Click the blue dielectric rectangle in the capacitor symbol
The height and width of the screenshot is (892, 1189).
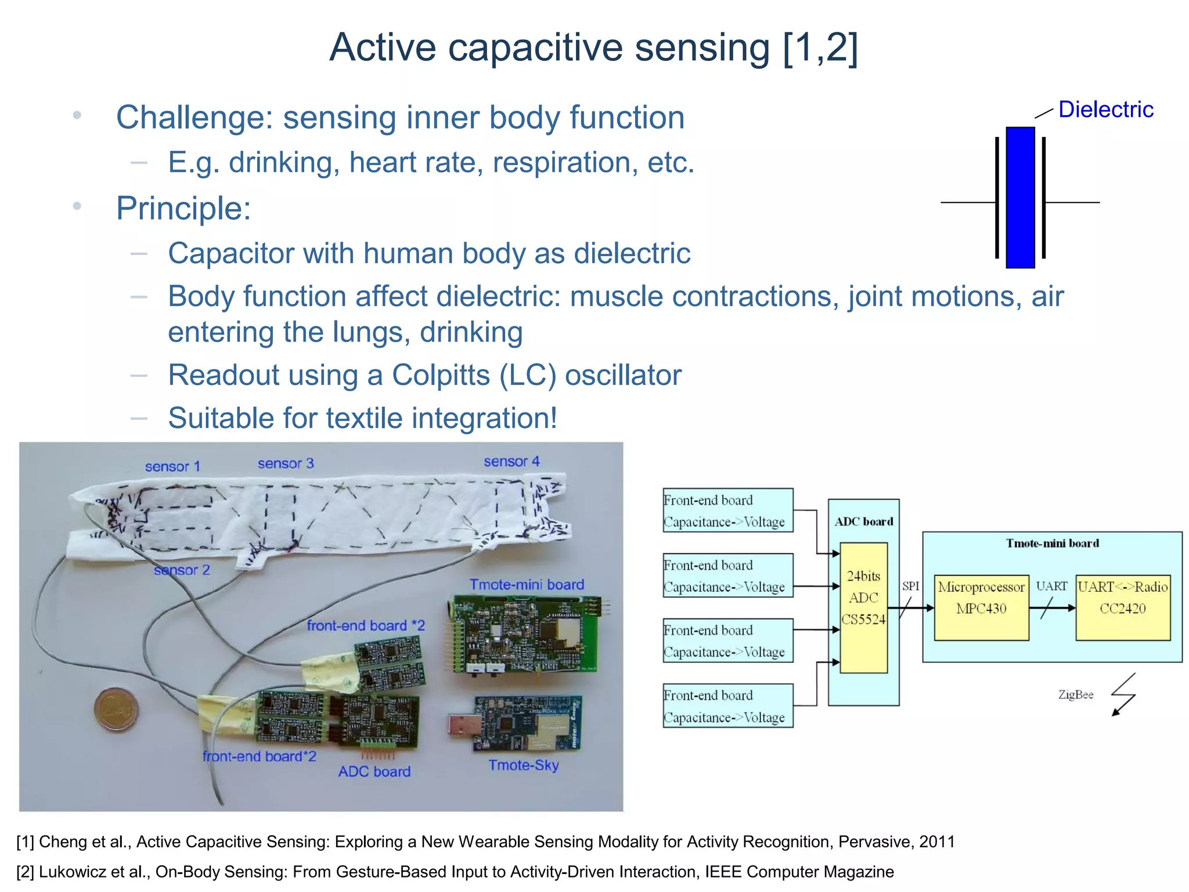coord(1020,197)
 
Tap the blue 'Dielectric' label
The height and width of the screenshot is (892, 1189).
coord(1105,110)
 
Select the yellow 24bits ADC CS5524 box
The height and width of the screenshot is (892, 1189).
coord(863,607)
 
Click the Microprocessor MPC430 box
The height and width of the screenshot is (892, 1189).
coord(981,607)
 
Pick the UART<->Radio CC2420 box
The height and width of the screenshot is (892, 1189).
coord(1122,607)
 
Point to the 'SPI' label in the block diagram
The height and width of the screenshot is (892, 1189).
coord(910,587)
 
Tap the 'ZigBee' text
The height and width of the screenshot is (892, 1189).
coord(1075,695)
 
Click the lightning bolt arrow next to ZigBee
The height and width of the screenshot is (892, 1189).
coord(1123,695)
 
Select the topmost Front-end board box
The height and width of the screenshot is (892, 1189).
coord(727,510)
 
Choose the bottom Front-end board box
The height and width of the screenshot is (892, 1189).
coord(727,706)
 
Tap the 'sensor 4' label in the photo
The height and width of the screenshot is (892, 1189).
coord(511,462)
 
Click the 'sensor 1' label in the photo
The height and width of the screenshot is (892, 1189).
coord(172,466)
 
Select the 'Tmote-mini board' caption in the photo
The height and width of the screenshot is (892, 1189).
coord(527,585)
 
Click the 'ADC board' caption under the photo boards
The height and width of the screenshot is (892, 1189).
coord(374,772)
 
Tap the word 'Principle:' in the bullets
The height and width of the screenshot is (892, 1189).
coord(183,208)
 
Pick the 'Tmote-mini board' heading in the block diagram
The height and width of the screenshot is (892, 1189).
coord(1052,544)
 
